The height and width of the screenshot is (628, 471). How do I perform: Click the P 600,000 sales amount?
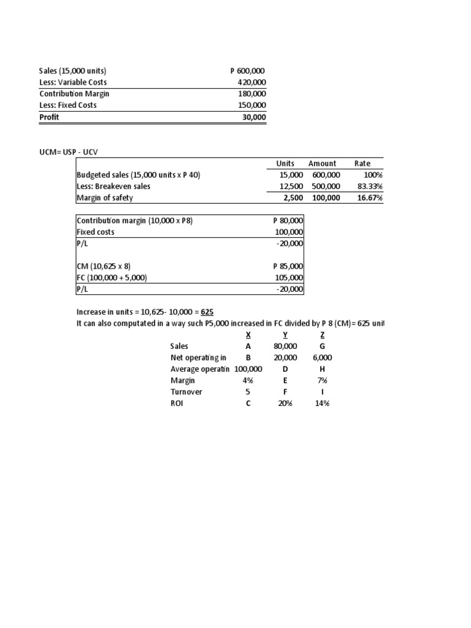coord(248,71)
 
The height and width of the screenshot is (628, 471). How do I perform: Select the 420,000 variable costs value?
coord(251,83)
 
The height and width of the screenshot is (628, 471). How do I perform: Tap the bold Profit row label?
coord(49,117)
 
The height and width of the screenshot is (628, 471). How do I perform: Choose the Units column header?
coord(285,163)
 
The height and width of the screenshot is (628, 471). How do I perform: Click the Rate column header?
coord(362,163)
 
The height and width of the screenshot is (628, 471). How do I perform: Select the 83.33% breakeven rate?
coord(369,186)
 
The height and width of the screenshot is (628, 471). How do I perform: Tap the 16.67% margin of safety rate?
coord(369,197)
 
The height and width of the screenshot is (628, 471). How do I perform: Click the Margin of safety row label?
coord(104,197)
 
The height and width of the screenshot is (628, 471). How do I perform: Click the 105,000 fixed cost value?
coord(290,278)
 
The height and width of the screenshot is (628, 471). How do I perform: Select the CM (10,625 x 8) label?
coord(104,266)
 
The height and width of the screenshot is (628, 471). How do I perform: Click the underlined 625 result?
coord(206,312)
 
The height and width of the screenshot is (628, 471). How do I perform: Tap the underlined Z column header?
coord(323,335)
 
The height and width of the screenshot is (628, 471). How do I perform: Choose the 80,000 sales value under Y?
coord(285,346)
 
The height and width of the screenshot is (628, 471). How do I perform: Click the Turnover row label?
coord(186,391)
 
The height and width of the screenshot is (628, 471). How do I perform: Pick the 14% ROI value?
coord(323,403)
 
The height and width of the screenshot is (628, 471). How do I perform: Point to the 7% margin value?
coord(323,380)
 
